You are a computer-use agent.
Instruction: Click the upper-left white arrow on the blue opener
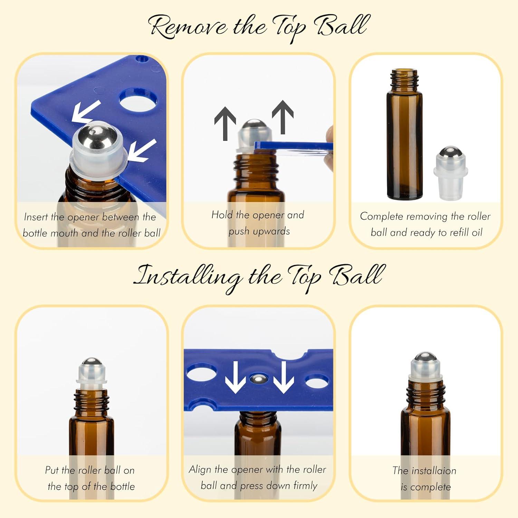point(86,111)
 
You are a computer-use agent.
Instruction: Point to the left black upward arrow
point(225,123)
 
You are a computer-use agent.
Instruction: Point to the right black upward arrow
point(282,117)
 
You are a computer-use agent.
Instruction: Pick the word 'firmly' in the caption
point(305,486)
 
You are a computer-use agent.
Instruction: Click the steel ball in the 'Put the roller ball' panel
point(92,363)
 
